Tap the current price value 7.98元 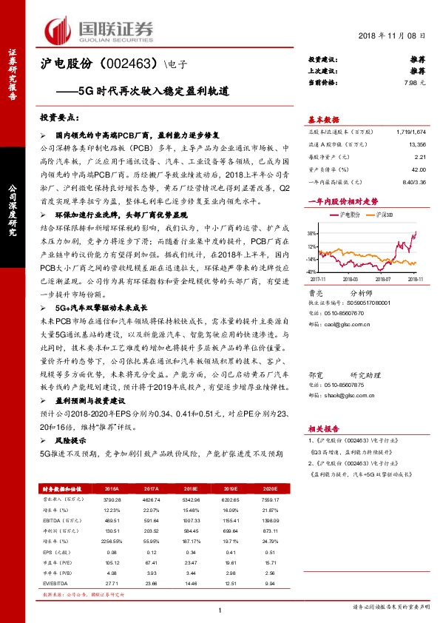[414, 82]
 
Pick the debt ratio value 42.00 [419, 169]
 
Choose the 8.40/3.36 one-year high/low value [414, 181]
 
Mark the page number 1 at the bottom [220, 610]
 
